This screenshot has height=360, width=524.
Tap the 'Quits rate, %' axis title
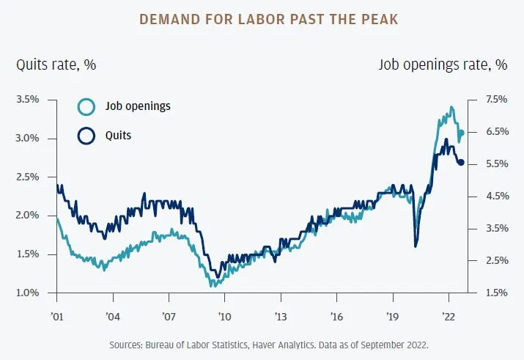(x=56, y=65)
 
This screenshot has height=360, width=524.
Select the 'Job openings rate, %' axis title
(x=443, y=65)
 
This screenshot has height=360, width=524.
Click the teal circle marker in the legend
(x=86, y=106)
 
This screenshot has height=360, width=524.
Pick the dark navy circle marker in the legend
(x=86, y=136)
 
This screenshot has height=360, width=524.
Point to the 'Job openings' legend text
(x=137, y=106)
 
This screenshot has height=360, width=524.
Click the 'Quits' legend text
(x=119, y=136)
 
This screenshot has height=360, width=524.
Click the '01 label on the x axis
(x=57, y=317)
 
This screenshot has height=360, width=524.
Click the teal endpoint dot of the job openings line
(x=462, y=133)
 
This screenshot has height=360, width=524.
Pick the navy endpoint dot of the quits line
(x=461, y=163)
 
